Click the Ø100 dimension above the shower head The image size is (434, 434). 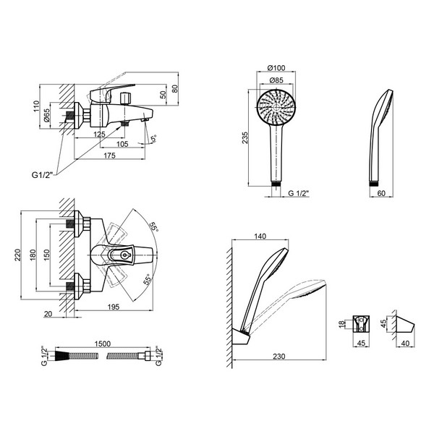(276, 68)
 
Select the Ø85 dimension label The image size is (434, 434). (276, 80)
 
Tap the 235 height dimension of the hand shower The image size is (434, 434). (245, 137)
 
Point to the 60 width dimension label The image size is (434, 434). (381, 193)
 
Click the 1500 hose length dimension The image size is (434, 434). (103, 344)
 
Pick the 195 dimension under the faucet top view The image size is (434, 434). (114, 307)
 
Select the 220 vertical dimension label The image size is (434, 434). (17, 255)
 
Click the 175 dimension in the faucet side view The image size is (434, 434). (109, 156)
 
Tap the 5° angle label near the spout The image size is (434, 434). (153, 138)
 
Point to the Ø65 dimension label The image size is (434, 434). (46, 115)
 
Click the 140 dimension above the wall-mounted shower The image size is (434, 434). (260, 236)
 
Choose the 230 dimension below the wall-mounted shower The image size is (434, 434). (278, 356)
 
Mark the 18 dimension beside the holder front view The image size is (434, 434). (342, 323)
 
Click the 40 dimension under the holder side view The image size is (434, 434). (405, 343)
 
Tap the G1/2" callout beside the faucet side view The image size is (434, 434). (42, 175)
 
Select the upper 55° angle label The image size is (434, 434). (153, 227)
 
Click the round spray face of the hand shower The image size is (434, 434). (276, 107)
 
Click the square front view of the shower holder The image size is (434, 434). (362, 323)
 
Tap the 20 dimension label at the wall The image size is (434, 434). (48, 314)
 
